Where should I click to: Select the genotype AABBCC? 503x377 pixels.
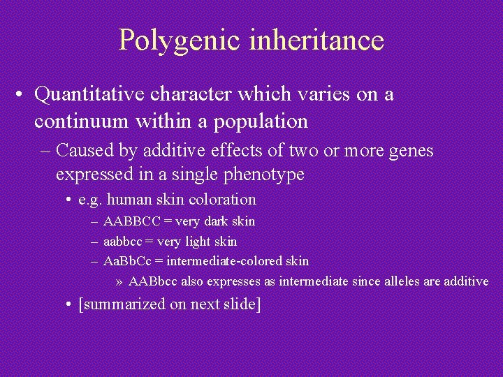131,221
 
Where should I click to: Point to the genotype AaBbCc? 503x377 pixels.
129,261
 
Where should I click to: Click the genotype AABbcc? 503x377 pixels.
154,281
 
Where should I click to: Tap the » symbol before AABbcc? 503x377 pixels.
119,282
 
